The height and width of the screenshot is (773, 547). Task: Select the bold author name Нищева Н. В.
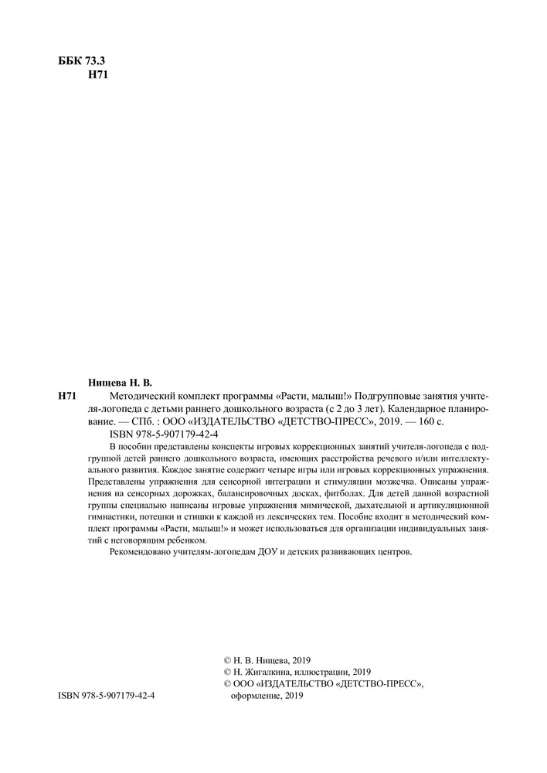[122, 382]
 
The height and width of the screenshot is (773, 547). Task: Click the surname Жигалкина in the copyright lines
[270, 672]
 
